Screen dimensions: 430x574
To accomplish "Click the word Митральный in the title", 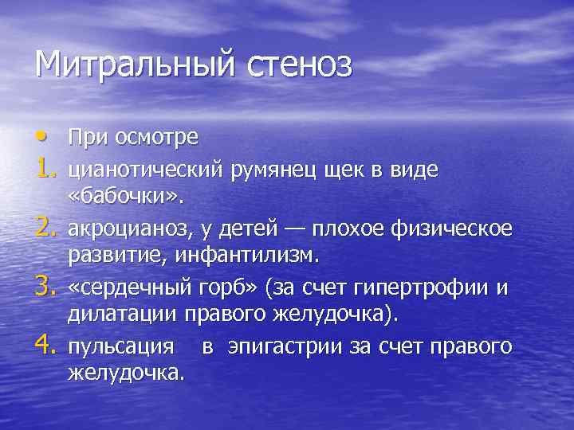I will [132, 64].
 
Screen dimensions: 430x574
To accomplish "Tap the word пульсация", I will [121, 348].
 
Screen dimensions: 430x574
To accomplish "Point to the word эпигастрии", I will [286, 348].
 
